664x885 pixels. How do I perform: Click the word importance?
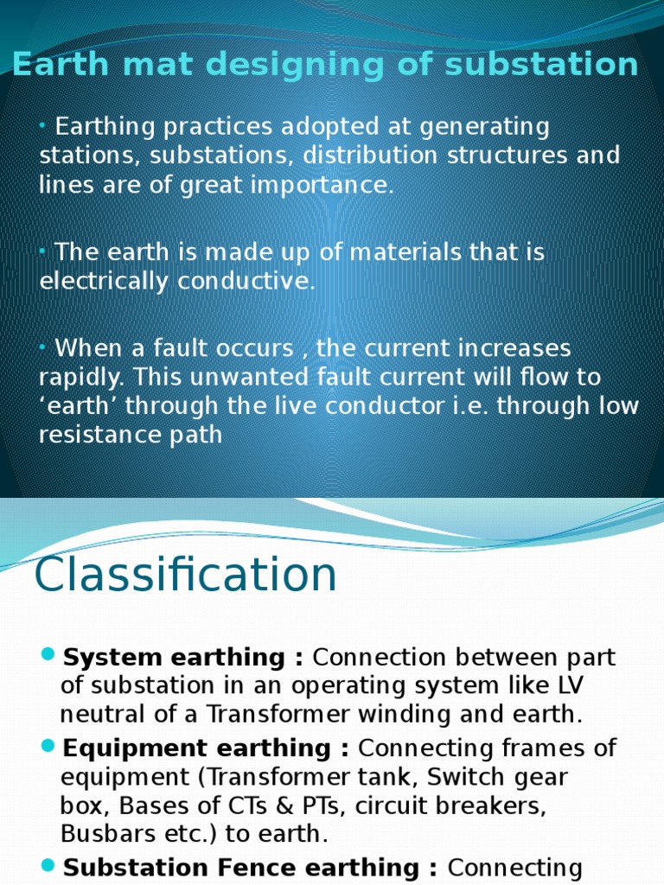(331, 184)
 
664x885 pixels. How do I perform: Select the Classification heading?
(185, 575)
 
